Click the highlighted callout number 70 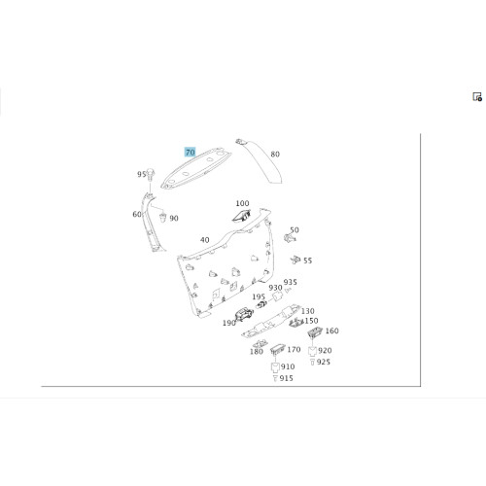click(x=191, y=152)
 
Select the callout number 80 click(x=275, y=155)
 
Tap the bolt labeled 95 click(x=151, y=175)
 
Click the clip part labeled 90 click(x=163, y=217)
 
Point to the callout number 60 click(x=137, y=214)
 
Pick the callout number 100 click(x=242, y=203)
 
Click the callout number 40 click(x=205, y=240)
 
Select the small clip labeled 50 click(x=290, y=238)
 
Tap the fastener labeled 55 click(x=295, y=260)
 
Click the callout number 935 click(x=291, y=282)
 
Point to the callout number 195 click(x=259, y=296)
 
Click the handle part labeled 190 click(x=244, y=314)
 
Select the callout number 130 click(x=308, y=311)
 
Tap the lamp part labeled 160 click(x=314, y=331)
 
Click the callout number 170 click(x=294, y=350)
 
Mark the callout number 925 click(x=324, y=362)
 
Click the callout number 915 click(x=286, y=378)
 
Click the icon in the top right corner click(x=477, y=97)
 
